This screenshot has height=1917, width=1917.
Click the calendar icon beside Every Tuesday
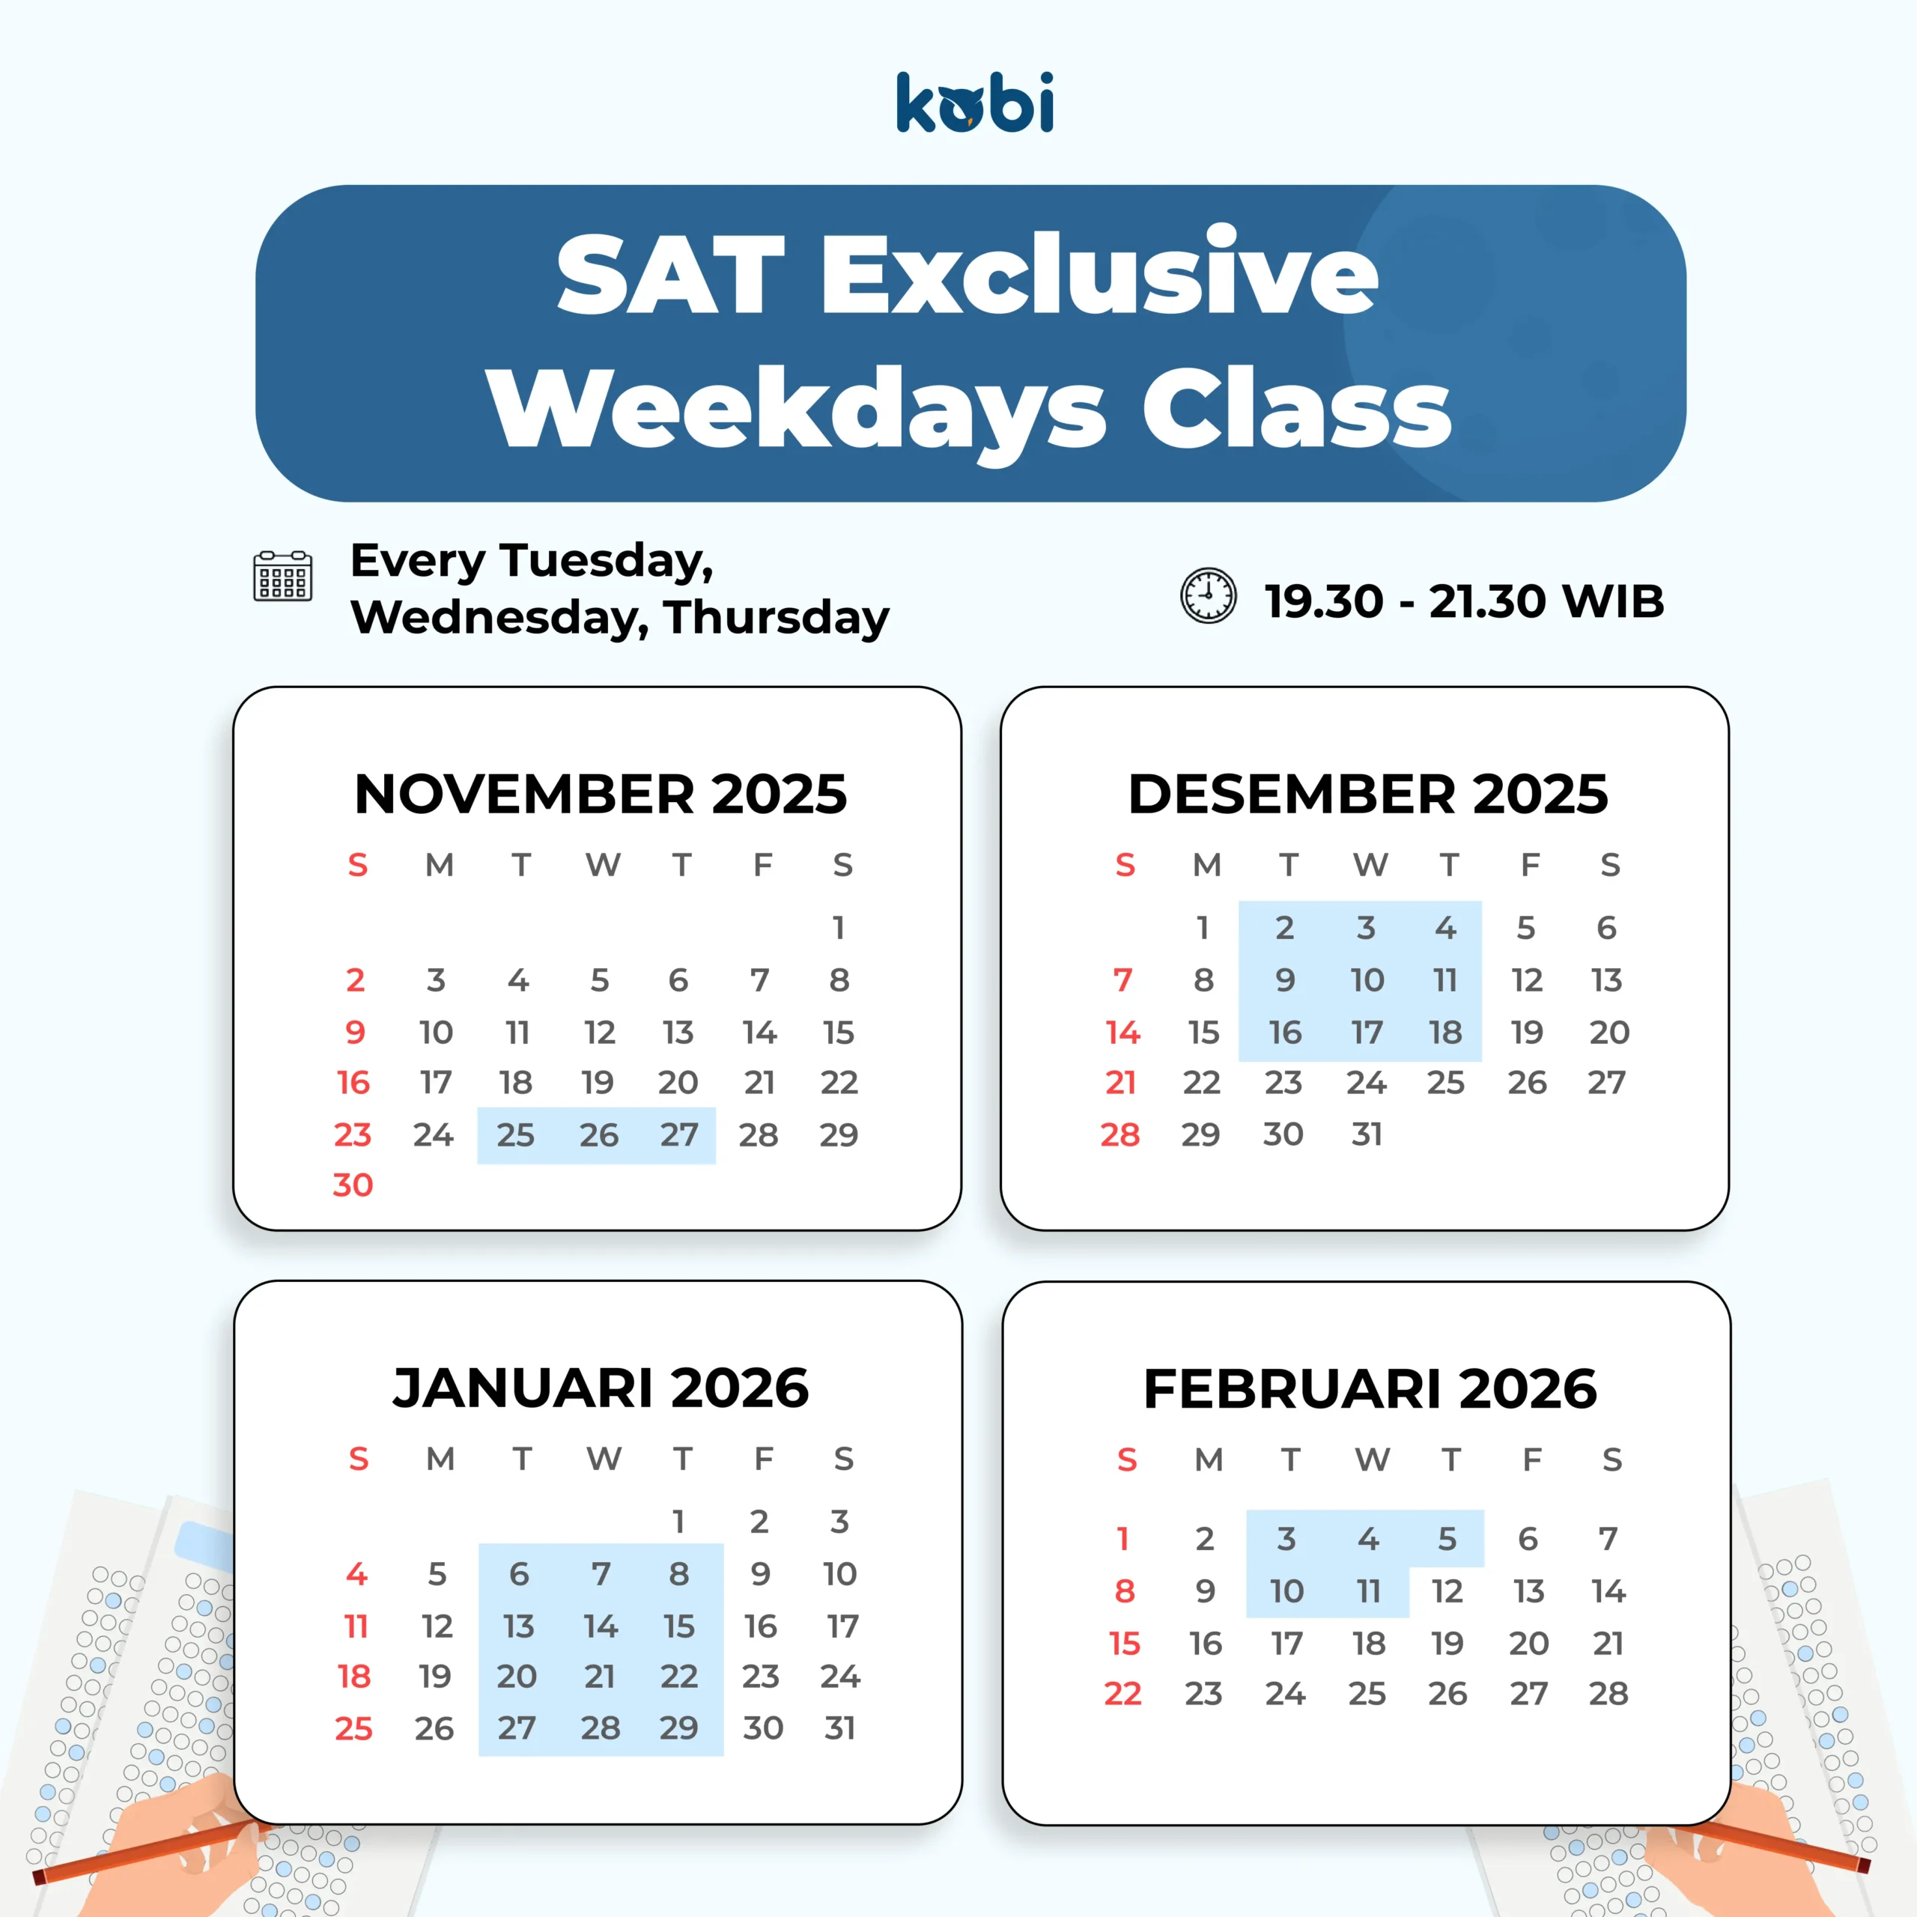click(283, 577)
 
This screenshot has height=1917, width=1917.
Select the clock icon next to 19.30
click(1208, 596)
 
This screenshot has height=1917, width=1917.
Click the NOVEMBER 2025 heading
click(601, 794)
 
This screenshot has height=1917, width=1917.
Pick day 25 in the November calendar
click(516, 1134)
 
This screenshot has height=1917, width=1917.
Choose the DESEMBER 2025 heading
click(1367, 794)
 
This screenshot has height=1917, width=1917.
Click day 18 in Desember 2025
click(1446, 1032)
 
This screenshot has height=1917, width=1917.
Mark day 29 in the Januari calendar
click(678, 1728)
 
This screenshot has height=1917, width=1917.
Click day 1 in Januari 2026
click(678, 1521)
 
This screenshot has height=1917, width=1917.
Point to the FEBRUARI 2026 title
click(1370, 1388)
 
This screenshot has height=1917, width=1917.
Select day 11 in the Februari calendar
click(1368, 1591)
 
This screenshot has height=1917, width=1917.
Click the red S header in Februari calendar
click(1127, 1459)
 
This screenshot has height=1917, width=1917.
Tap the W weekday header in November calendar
click(602, 865)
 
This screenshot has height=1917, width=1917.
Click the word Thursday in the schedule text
click(777, 619)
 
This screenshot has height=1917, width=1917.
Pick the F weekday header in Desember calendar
click(1530, 865)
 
